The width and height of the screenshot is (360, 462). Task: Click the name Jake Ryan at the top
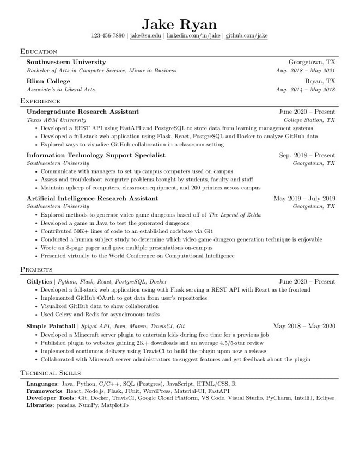(179, 24)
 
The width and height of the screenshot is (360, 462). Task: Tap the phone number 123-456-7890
(108, 36)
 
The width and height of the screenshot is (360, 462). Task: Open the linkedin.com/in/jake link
(193, 36)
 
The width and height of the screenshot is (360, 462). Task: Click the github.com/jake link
(246, 36)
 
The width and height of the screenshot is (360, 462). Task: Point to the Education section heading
(39, 51)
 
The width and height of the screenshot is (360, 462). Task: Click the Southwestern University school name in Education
(66, 62)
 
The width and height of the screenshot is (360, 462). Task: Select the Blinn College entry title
(48, 81)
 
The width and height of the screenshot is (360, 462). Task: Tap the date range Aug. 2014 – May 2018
(305, 90)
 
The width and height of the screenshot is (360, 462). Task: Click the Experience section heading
(40, 101)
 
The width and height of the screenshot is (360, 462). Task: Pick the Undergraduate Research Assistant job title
(82, 112)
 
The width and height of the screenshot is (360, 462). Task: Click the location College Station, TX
(309, 120)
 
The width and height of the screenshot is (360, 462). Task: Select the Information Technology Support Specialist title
(96, 155)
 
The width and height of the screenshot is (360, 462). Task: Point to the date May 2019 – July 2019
(304, 199)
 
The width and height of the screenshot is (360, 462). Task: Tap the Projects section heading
(36, 269)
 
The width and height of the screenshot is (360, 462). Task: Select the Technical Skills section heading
(51, 373)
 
